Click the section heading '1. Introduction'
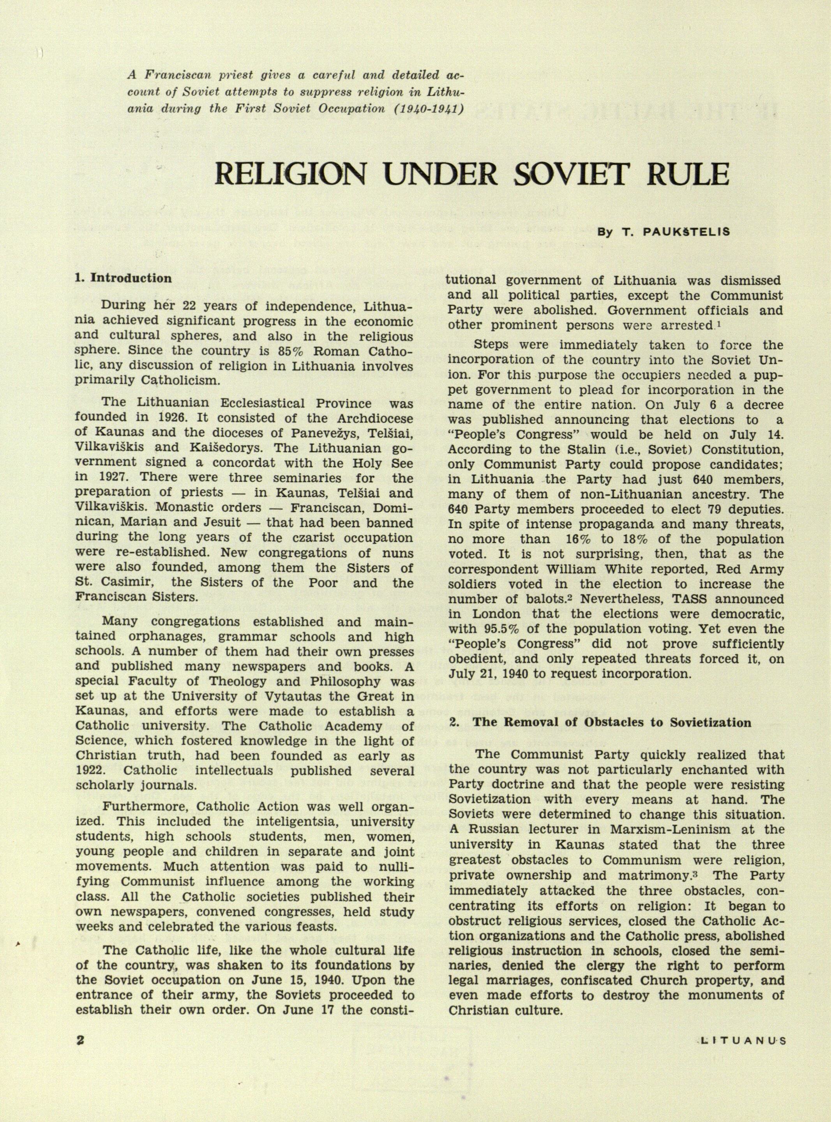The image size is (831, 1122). (123, 278)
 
